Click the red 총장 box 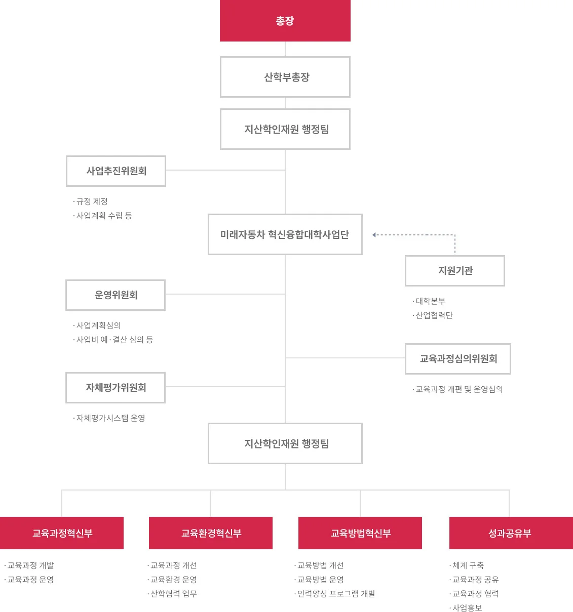(x=285, y=21)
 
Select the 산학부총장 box (x=285, y=77)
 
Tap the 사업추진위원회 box (x=116, y=171)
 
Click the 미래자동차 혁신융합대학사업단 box (x=285, y=234)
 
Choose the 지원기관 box (x=455, y=271)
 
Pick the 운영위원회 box (x=116, y=295)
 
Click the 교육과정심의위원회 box (x=458, y=359)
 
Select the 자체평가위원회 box (x=116, y=388)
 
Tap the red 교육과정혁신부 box (x=62, y=533)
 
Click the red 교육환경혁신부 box (x=211, y=533)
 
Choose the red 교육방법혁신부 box (x=360, y=533)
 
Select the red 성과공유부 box (x=511, y=533)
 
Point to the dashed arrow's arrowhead (x=374, y=235)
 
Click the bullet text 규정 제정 (x=92, y=201)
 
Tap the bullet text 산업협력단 (x=434, y=315)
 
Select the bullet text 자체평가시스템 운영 (x=111, y=418)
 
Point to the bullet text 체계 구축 (x=468, y=565)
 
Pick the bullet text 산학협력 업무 (x=173, y=594)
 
